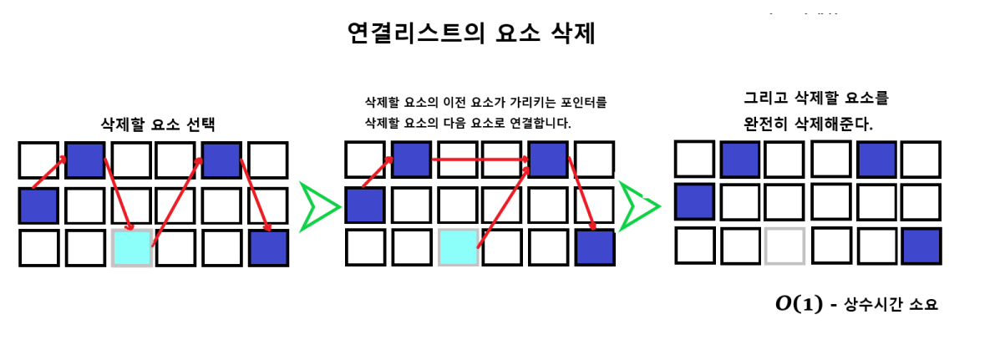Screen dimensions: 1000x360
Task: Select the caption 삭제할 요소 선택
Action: pos(158,124)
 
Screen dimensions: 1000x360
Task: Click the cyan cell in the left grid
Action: pos(132,248)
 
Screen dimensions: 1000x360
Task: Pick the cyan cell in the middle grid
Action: pos(459,248)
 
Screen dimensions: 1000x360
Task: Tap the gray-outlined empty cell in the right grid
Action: pos(785,246)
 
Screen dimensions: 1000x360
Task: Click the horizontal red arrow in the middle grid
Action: pos(479,159)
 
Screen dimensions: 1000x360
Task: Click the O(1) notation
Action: pos(799,304)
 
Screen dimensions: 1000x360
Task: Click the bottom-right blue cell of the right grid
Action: pos(921,246)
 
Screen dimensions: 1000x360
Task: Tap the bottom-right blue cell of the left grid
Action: pos(268,248)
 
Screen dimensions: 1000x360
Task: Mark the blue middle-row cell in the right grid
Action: pos(695,201)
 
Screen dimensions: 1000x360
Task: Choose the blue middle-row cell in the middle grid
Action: pos(365,205)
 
